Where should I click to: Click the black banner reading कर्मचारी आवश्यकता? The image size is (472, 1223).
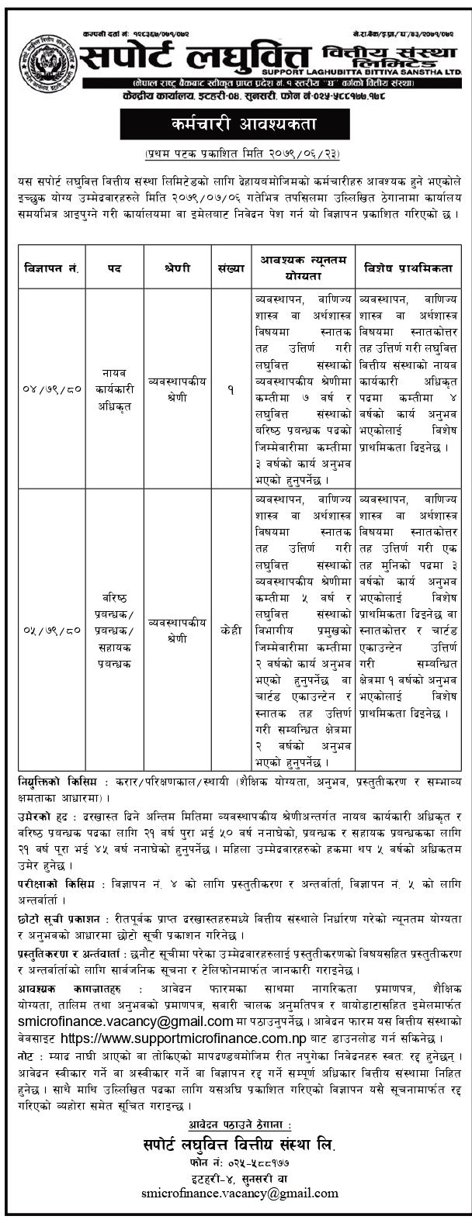[x=235, y=123]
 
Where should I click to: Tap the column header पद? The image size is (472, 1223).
[x=113, y=268]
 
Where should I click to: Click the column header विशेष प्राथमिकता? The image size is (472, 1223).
[x=408, y=268]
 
